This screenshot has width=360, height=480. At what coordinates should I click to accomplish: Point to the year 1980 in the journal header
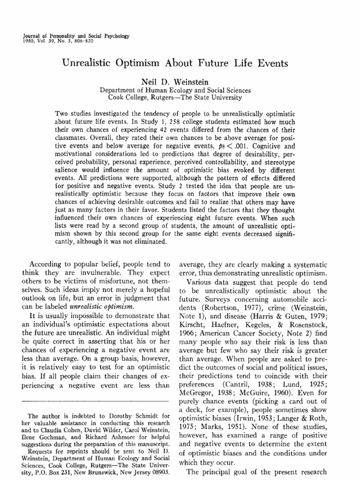[30, 41]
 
